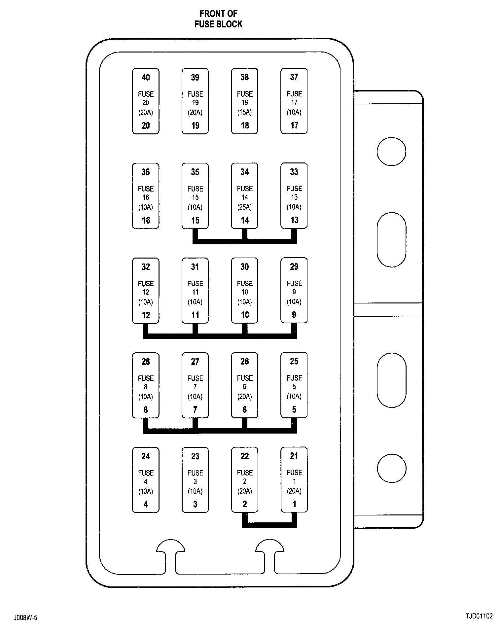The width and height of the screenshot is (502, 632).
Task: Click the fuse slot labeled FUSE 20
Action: pos(146,101)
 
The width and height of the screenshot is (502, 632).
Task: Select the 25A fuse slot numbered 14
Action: pos(244,196)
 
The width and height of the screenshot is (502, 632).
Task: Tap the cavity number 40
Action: pos(146,77)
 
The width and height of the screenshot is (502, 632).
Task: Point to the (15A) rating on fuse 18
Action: pos(244,112)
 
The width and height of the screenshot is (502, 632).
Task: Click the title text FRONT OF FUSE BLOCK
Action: pos(218,19)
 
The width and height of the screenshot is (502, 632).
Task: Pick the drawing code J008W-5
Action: pos(25,617)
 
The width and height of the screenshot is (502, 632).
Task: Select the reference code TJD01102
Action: pos(479,616)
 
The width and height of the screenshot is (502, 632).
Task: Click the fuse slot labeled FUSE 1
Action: pos(294,479)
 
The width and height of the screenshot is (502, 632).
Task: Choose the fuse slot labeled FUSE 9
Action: pos(294,290)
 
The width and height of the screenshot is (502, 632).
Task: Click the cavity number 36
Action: pos(146,172)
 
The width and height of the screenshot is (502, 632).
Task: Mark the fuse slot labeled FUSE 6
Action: pos(244,385)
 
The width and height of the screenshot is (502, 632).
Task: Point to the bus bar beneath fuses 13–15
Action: pos(244,241)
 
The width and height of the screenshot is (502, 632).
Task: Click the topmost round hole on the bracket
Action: pos(391,152)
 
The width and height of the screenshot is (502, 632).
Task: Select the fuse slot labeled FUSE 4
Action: pos(146,480)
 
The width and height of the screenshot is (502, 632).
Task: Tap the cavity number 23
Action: pos(195,456)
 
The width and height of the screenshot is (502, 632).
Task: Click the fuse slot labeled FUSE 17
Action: pos(294,101)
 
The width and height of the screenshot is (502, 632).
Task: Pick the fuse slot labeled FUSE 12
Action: pos(146,291)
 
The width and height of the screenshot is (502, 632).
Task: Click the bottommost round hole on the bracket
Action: pos(391,468)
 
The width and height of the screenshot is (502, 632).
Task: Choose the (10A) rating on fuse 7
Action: pos(195,397)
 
